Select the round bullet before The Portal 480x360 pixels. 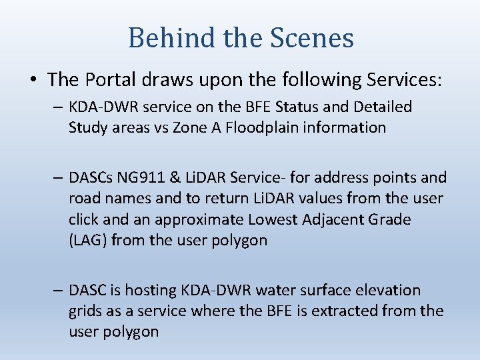point(33,80)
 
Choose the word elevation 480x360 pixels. point(389,291)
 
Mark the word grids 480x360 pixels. point(85,311)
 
